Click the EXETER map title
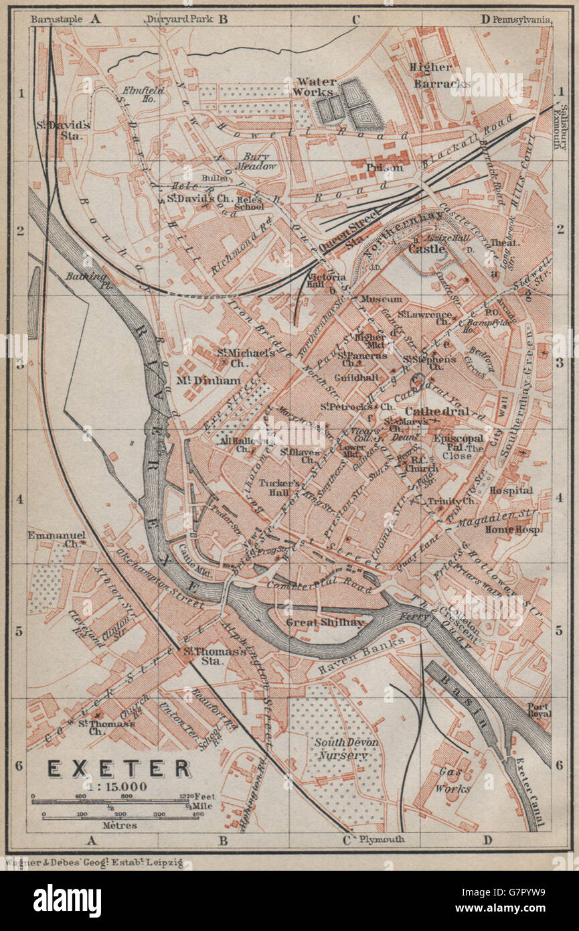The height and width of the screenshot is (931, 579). click(x=119, y=768)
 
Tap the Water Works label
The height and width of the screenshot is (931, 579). click(x=316, y=87)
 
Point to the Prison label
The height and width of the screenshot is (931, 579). click(x=384, y=167)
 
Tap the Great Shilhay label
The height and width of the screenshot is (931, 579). click(x=326, y=622)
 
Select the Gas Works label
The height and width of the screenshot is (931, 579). click(x=454, y=780)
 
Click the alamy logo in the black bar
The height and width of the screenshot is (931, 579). click(x=67, y=900)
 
